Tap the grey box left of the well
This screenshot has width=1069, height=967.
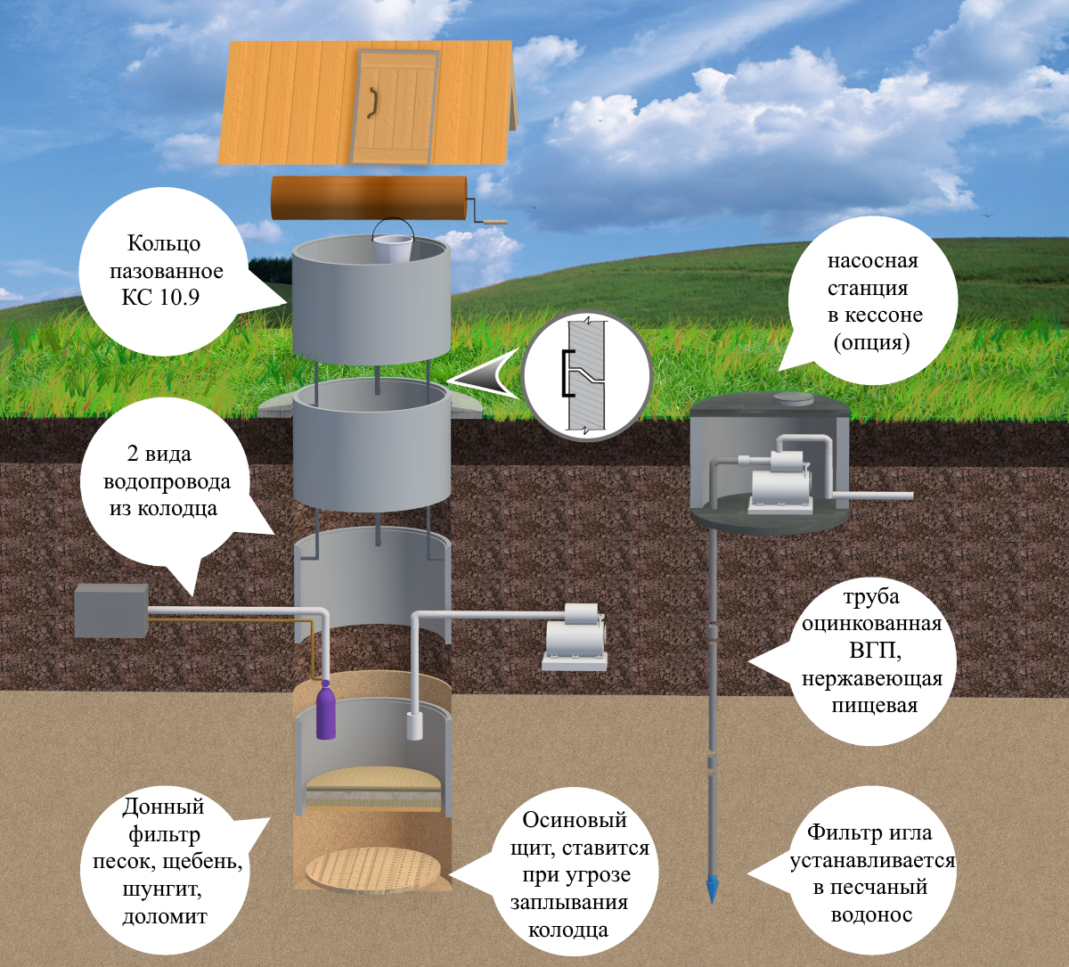click(110, 611)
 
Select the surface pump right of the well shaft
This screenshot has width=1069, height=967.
click(575, 636)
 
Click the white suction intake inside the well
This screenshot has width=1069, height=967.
click(414, 726)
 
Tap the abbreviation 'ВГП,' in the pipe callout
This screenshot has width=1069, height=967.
click(872, 651)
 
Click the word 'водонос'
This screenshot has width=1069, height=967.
click(871, 914)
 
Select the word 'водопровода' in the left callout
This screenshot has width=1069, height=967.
click(167, 482)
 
